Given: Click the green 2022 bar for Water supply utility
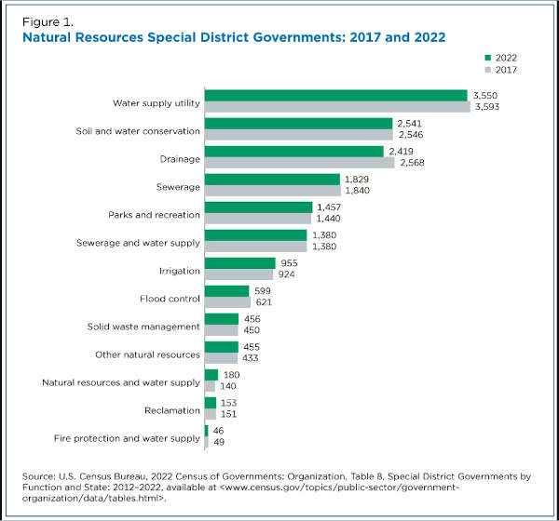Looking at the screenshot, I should pos(335,95).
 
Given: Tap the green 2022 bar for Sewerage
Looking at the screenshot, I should pos(272,179).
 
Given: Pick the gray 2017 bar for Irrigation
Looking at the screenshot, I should pos(239,274).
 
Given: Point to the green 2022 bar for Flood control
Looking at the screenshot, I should pos(226,290).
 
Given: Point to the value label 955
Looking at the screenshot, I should pos(291,262).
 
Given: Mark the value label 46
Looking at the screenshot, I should pos(220,430).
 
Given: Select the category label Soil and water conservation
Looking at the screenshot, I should pos(138,129).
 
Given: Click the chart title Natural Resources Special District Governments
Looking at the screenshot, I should pos(185,36).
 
